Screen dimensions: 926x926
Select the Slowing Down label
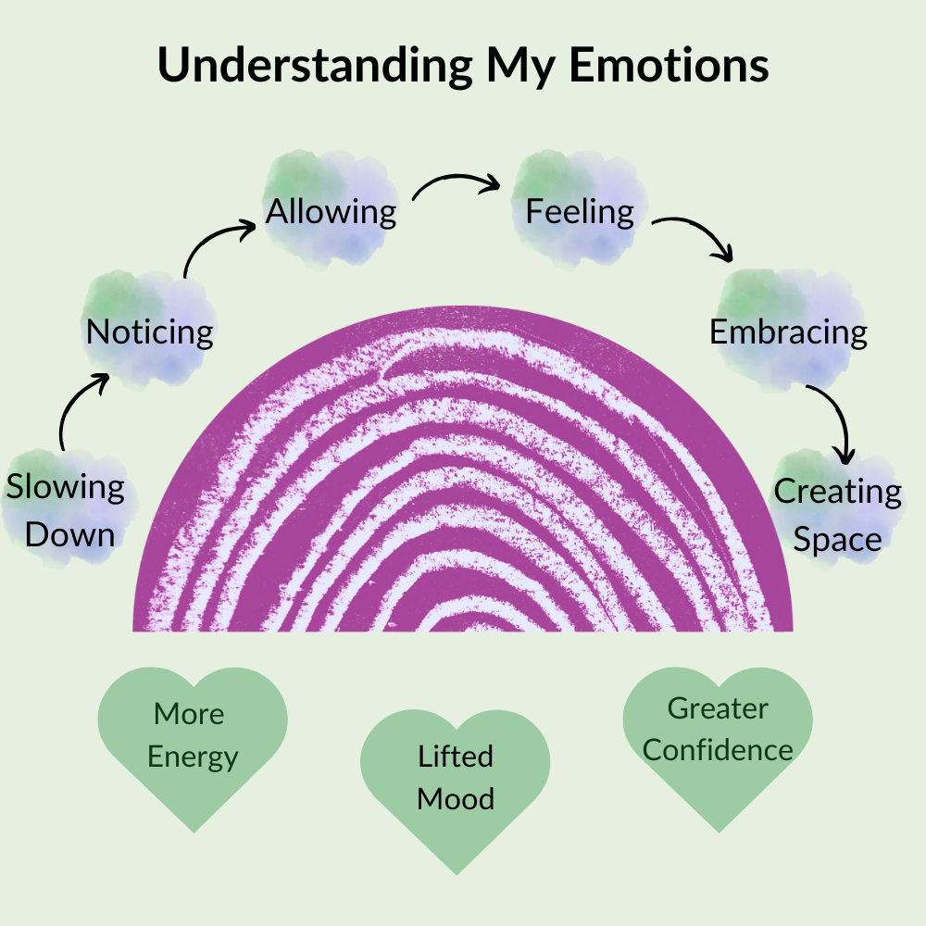point(67,510)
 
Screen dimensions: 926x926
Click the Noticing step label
point(150,332)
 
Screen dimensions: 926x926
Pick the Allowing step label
point(332,212)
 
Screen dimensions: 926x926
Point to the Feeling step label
point(580,212)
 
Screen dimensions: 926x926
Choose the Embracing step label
point(788,332)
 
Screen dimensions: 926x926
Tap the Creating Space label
point(837,515)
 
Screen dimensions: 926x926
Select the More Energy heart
point(193,736)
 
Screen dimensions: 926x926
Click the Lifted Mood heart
point(455,782)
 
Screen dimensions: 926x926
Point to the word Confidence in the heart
point(718,750)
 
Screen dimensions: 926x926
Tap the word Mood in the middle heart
point(455,798)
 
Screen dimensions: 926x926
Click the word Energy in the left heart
point(193,757)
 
